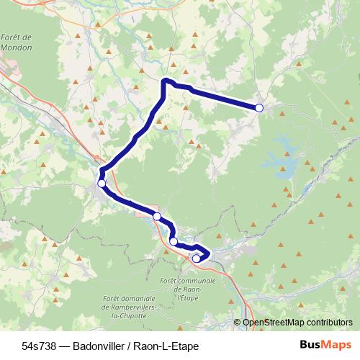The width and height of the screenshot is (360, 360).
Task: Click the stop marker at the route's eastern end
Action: click(x=259, y=108)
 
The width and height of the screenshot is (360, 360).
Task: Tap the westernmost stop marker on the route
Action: click(x=102, y=184)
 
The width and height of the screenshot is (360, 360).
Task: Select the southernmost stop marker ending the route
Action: click(x=196, y=258)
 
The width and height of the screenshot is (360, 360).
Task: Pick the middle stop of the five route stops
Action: click(x=157, y=216)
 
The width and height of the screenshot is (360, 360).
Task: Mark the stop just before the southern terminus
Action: click(x=174, y=241)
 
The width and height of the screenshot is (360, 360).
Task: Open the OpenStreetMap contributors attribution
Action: click(x=297, y=323)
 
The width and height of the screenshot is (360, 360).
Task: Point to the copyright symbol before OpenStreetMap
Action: click(x=238, y=323)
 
